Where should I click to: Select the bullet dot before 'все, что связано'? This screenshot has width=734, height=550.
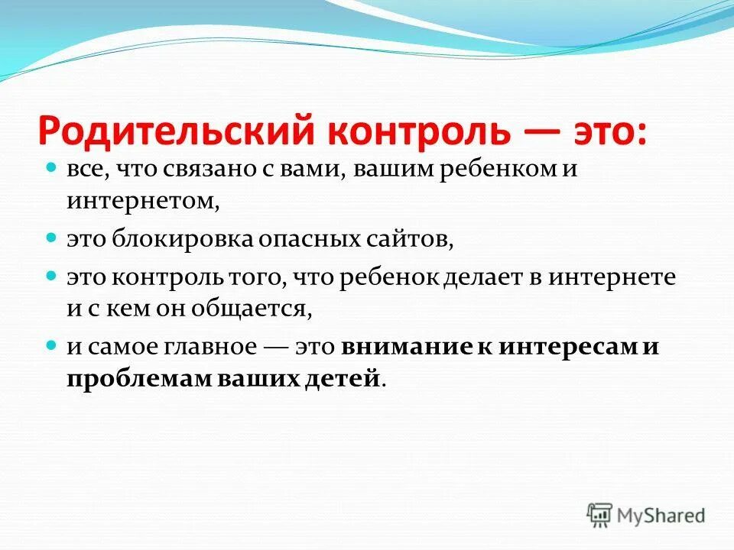[52, 167]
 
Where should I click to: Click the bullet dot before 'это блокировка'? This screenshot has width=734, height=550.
[52, 238]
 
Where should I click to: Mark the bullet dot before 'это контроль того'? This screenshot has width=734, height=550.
[52, 274]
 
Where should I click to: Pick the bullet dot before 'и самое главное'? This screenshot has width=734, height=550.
[52, 345]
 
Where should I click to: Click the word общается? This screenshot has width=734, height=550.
[262, 310]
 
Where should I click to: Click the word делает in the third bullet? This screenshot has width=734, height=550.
[495, 276]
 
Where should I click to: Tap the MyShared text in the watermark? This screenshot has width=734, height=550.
[662, 516]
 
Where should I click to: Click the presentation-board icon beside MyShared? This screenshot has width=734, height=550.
[600, 515]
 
